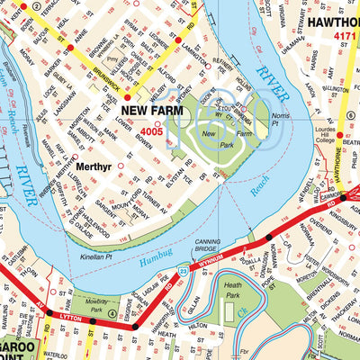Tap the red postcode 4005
[149, 131]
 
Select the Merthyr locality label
[94, 166]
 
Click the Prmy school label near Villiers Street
[112, 59]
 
